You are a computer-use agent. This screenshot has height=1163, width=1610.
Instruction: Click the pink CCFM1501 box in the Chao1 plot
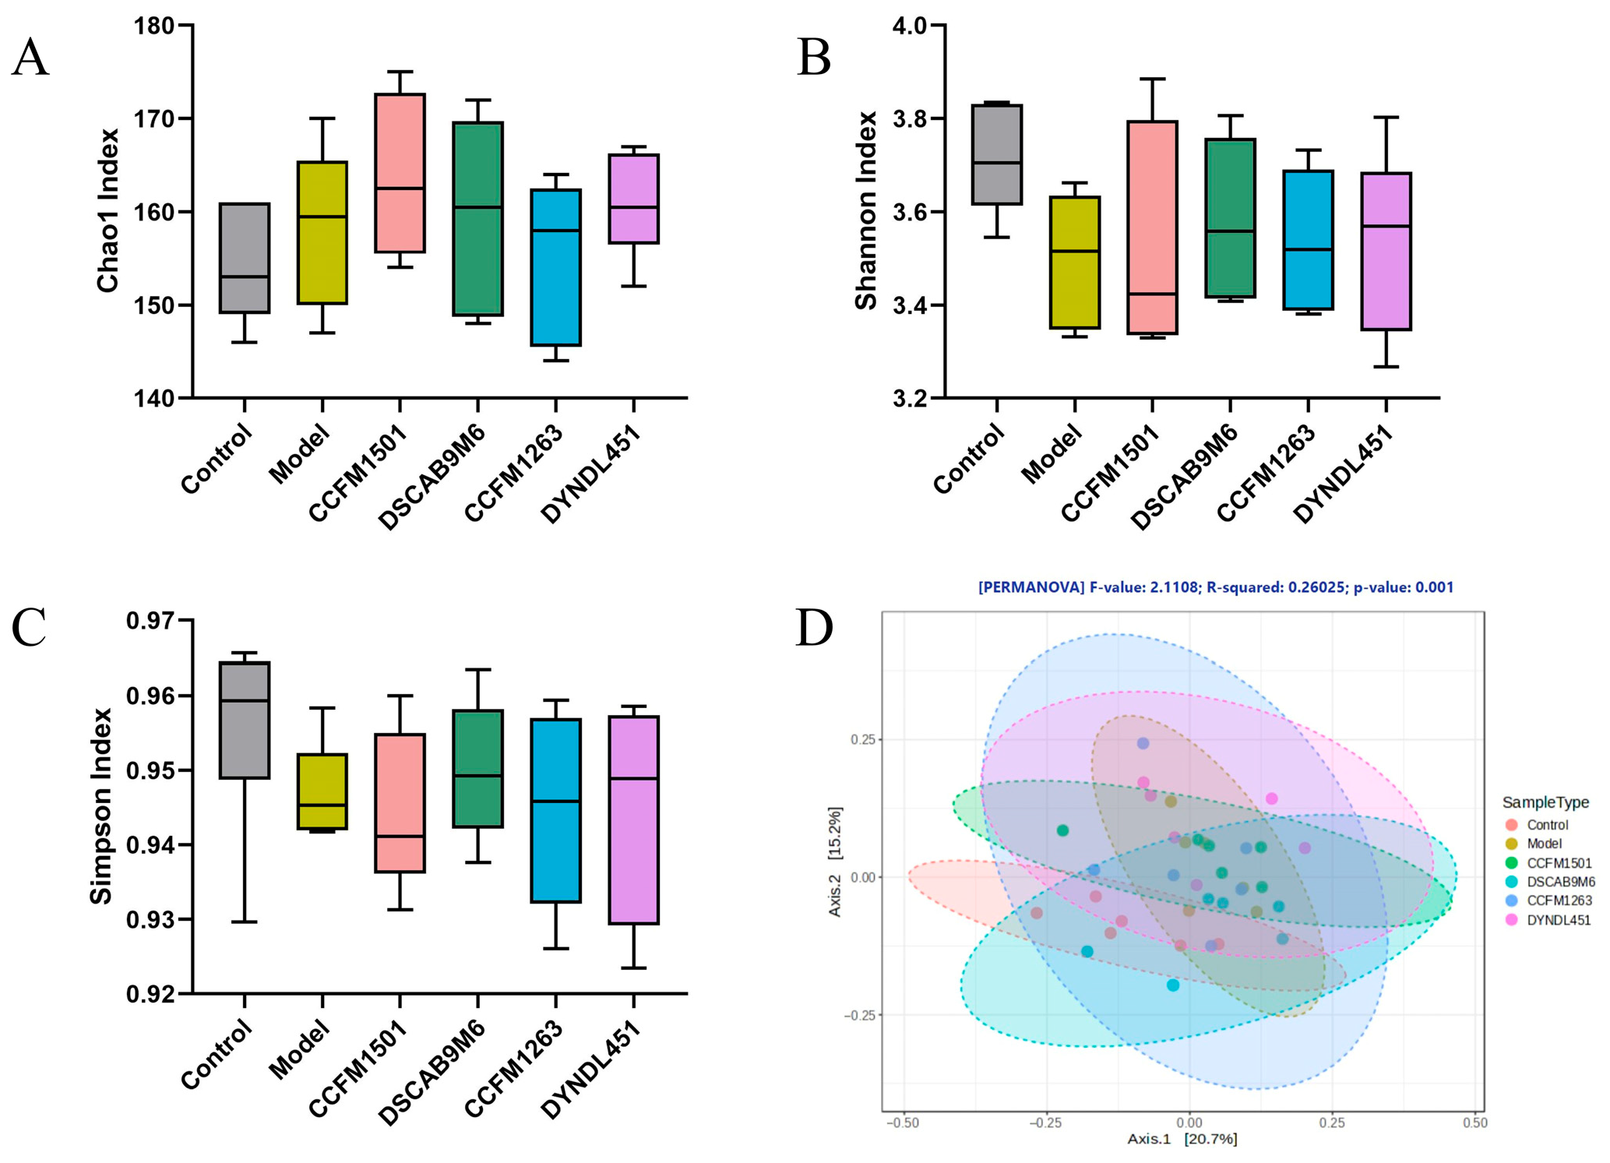tap(400, 173)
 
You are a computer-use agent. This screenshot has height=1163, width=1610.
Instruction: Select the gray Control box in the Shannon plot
tap(997, 154)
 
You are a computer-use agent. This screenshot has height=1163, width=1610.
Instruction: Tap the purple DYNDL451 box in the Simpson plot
tap(634, 819)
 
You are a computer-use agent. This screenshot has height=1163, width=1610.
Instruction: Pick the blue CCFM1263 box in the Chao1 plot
tap(556, 267)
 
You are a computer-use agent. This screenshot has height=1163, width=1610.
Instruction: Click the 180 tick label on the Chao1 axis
tap(153, 26)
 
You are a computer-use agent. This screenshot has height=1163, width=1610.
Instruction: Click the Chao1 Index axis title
tap(107, 210)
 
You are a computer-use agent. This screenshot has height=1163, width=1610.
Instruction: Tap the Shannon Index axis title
tap(865, 210)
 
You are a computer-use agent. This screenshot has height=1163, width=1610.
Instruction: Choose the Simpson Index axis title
tap(101, 806)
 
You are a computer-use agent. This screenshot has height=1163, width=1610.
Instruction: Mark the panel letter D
tap(814, 628)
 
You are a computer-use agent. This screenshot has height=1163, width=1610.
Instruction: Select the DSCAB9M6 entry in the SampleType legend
tap(1560, 882)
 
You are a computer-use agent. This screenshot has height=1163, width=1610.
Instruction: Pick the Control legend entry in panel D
tap(1547, 825)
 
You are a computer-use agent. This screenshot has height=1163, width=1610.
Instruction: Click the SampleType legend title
tap(1545, 802)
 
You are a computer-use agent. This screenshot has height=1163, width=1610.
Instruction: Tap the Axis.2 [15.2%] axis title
tap(835, 862)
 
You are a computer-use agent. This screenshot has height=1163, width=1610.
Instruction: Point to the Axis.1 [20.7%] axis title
tap(1182, 1139)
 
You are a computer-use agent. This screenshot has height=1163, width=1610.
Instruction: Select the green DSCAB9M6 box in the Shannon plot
tap(1231, 218)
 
